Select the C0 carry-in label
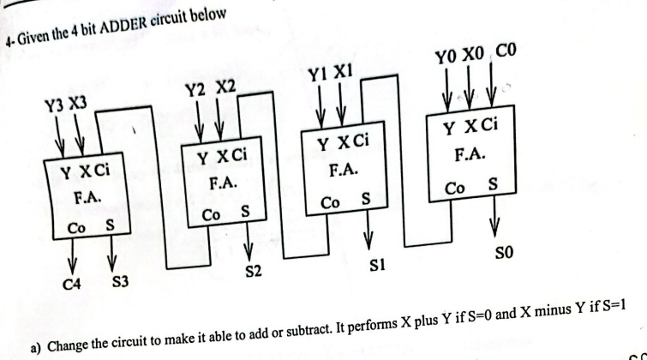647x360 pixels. coord(501,63)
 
